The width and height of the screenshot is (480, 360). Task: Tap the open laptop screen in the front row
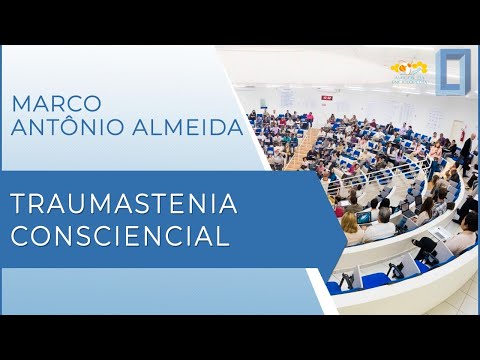pyautogui.click(x=364, y=217)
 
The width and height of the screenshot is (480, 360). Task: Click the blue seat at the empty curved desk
pyautogui.click(x=375, y=279)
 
